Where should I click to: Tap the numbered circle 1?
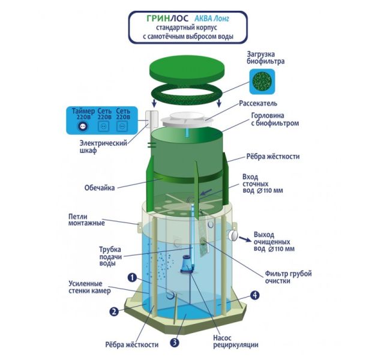[x=131, y=277]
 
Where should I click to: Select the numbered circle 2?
[x=113, y=311]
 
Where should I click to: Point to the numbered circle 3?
[x=175, y=343]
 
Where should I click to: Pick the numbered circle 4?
[x=255, y=295]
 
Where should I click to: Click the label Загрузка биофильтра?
[x=265, y=58]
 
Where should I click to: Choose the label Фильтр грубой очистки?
[x=288, y=277]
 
